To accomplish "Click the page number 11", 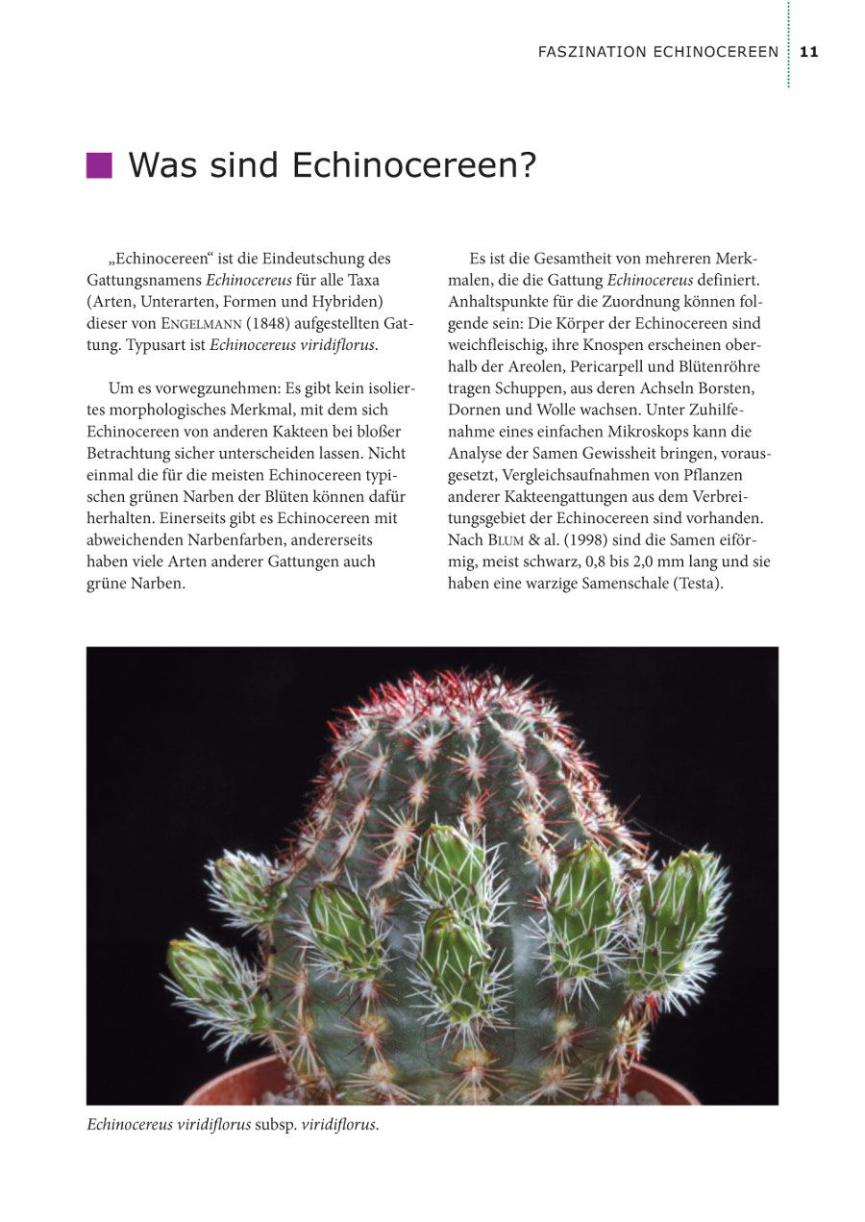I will pos(808,52).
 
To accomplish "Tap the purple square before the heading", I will pos(99,165).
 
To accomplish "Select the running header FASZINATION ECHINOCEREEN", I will pos(657,52).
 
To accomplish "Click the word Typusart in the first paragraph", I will pos(156,345).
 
